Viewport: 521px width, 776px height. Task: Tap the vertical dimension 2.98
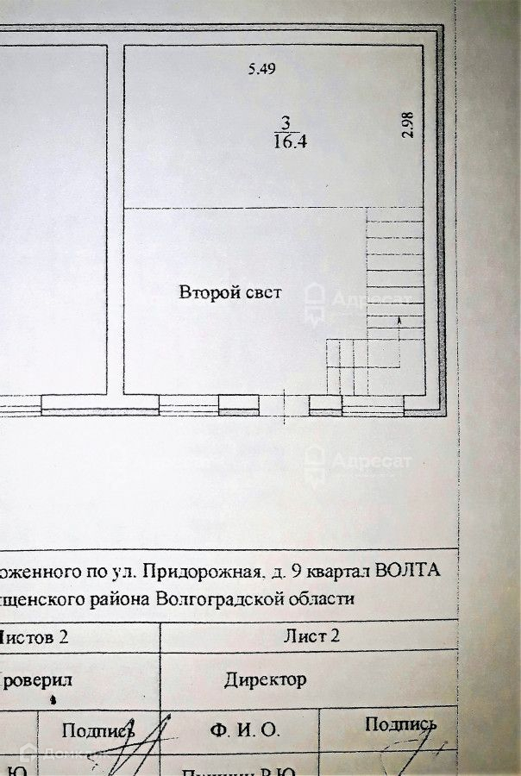(409, 125)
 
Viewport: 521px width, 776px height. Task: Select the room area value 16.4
(290, 143)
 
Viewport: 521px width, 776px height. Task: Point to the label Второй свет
(230, 293)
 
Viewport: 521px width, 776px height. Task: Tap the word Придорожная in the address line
(204, 570)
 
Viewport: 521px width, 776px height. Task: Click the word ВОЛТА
(411, 570)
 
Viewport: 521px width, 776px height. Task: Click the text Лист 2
(305, 637)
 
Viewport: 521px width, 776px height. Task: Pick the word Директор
(265, 679)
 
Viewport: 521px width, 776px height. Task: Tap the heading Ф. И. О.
(244, 729)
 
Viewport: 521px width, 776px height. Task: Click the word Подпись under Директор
(399, 723)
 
